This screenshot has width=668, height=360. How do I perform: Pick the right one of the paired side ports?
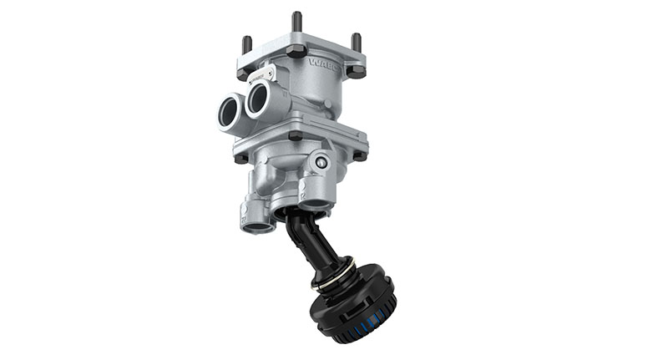click(257, 102)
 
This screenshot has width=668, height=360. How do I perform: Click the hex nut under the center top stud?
click(296, 51)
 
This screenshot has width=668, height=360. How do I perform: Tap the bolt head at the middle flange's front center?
click(296, 136)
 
